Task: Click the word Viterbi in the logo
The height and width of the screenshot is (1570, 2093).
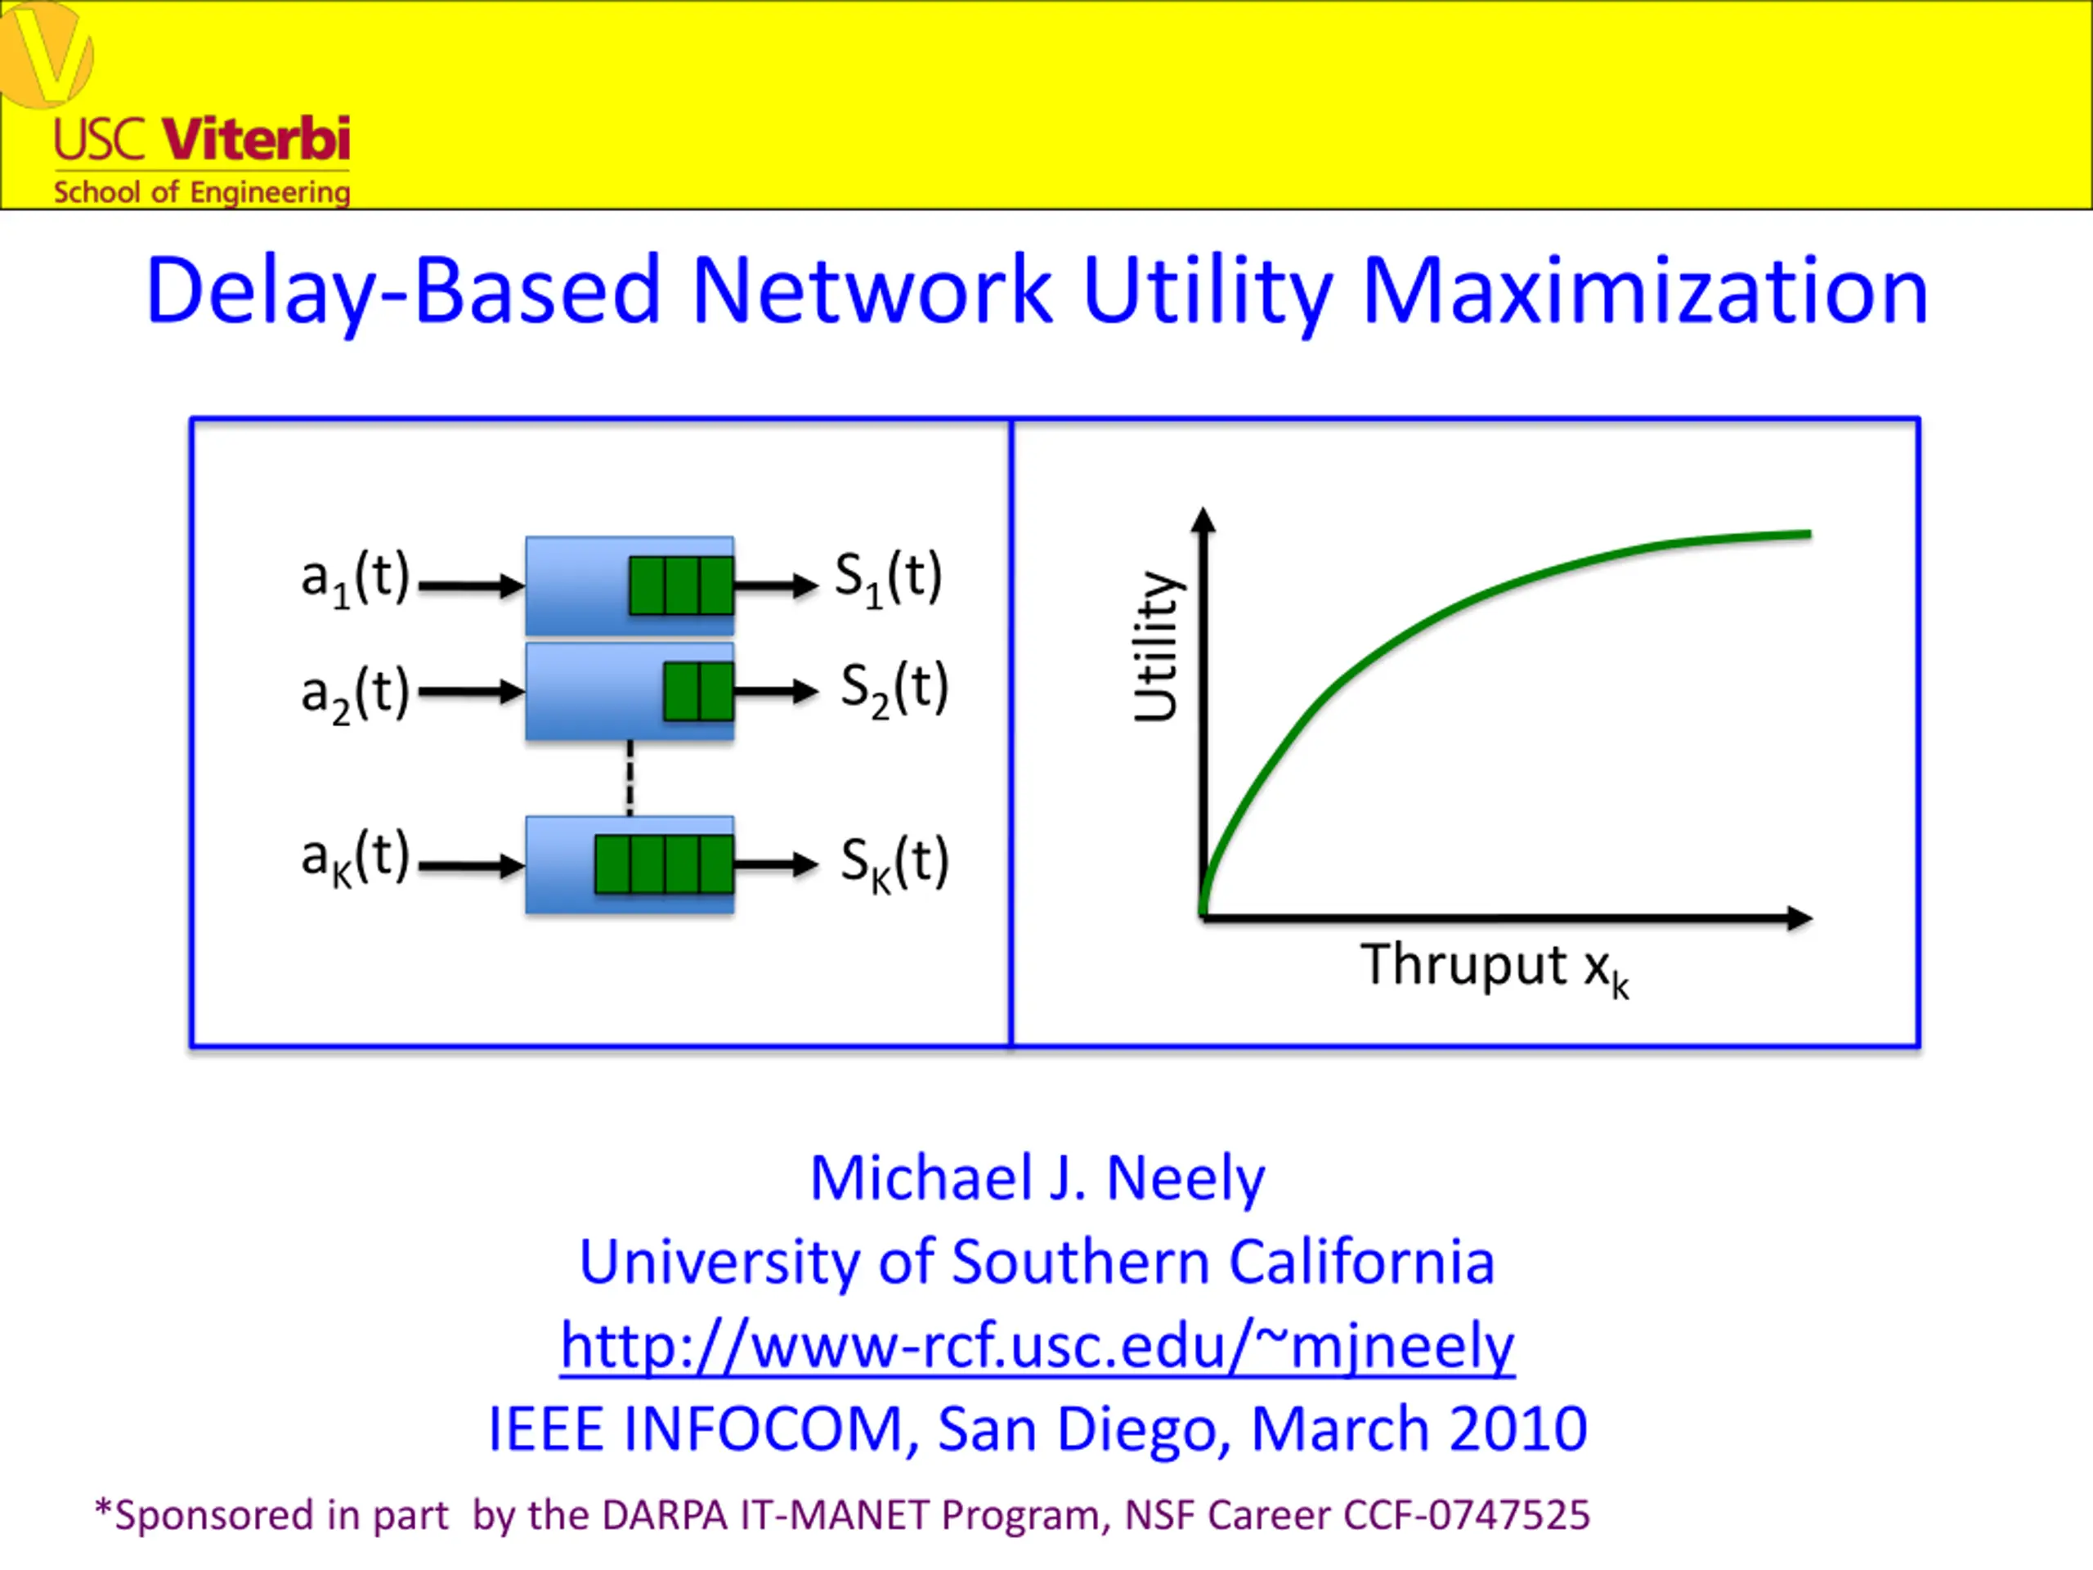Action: point(257,139)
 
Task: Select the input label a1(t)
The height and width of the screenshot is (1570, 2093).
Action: point(355,578)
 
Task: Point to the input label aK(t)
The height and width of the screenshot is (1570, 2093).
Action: point(355,859)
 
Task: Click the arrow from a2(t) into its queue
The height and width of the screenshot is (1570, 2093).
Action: point(471,692)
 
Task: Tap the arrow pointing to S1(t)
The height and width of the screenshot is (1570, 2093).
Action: point(776,585)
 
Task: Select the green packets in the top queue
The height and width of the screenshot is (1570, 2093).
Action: point(681,585)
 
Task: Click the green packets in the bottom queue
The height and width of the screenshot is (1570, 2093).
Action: point(664,864)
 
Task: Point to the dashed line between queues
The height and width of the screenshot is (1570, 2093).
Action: point(630,778)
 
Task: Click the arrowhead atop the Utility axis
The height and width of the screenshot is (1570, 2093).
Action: point(1203,519)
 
